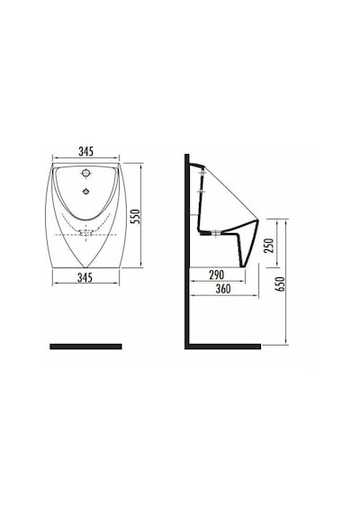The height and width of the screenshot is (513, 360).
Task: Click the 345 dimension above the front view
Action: pos(85,151)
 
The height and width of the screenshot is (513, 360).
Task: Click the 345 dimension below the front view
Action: pos(85,277)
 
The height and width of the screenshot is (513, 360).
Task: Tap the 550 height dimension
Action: pos(135,217)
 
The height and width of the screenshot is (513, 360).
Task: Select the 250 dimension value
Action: pos(269,246)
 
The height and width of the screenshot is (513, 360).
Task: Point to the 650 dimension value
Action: pos(281,283)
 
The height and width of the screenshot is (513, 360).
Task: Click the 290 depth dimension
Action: pos(217,274)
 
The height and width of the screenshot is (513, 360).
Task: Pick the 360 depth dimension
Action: pos(223,289)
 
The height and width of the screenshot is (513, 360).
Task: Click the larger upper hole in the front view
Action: pos(86,173)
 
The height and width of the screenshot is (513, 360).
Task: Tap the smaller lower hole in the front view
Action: pos(86,191)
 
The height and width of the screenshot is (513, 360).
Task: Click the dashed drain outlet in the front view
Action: pos(86,232)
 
